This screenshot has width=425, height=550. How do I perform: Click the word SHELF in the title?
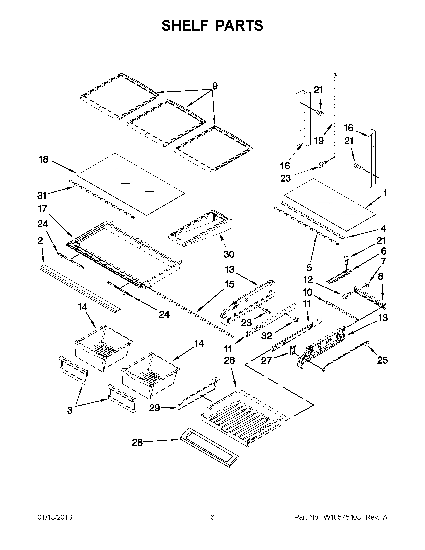(184, 26)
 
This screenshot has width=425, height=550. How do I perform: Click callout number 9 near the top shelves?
(215, 86)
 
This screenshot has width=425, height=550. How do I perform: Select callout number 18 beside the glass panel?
(43, 159)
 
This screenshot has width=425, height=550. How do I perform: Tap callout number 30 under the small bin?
(229, 254)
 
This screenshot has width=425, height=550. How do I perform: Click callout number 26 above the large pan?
(229, 360)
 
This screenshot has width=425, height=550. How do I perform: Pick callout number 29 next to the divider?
(154, 408)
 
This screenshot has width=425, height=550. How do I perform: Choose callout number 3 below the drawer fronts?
(70, 410)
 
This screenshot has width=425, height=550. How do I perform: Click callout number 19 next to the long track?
(319, 141)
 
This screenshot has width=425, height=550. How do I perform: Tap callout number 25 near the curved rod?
(382, 360)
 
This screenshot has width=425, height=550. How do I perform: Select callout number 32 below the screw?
(267, 336)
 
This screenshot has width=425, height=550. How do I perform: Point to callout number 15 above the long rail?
(229, 284)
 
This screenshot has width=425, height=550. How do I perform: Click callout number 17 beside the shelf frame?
(42, 208)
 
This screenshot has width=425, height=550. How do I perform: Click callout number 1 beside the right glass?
(385, 193)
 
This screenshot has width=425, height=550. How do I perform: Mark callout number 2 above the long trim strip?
(40, 241)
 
